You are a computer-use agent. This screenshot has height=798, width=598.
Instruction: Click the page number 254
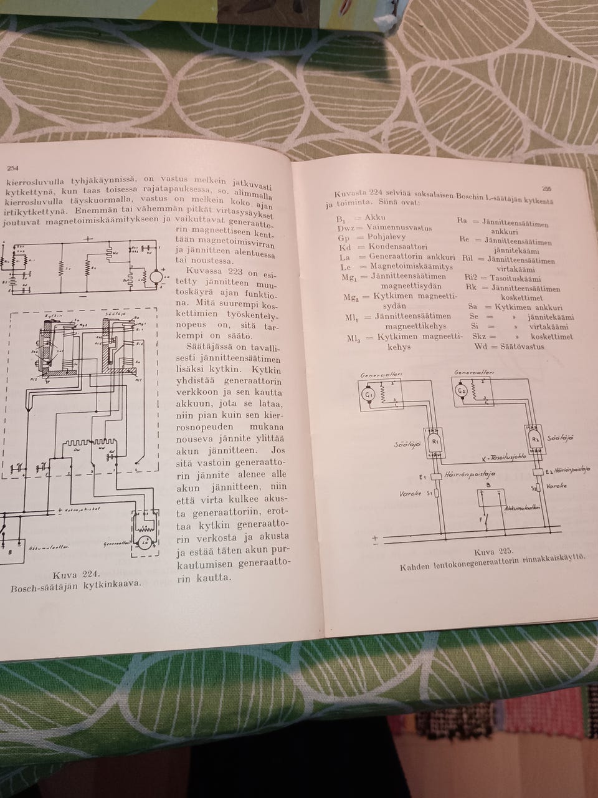pos(12,168)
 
